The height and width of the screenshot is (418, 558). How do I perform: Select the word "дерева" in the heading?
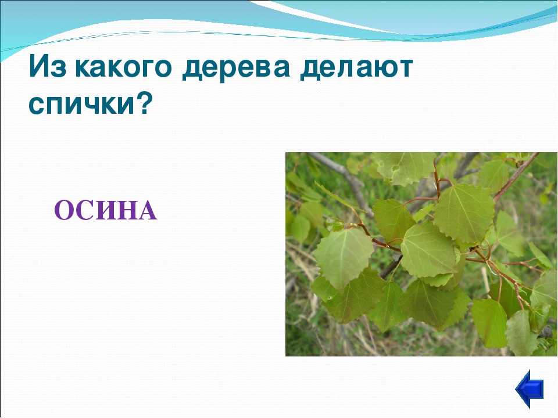pos(236,68)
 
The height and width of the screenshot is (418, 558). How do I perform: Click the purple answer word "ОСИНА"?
pos(106,210)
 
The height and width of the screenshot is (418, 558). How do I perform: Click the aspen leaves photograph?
pos(421,254)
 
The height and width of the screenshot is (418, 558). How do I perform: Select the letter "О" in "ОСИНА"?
pos(64,210)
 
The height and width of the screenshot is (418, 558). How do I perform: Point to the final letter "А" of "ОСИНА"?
pos(146,210)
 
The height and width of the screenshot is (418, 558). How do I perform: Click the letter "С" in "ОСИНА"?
pos(84,210)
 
